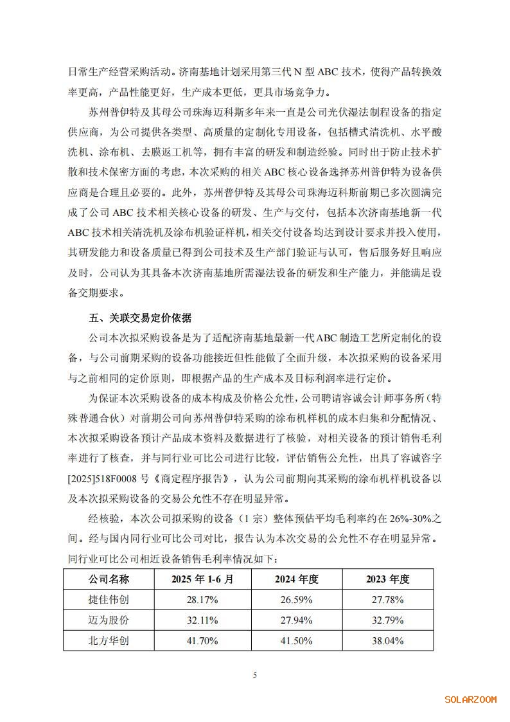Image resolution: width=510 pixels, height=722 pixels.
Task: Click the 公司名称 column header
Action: click(109, 579)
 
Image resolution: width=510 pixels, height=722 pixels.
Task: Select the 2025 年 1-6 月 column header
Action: click(202, 579)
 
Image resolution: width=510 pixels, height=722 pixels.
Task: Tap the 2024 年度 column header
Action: click(297, 579)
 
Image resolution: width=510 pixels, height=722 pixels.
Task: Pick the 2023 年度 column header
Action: click(388, 579)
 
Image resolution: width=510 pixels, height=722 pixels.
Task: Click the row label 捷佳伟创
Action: click(109, 600)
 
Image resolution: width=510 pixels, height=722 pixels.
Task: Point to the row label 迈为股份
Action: click(109, 620)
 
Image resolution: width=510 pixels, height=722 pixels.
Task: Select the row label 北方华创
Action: click(109, 641)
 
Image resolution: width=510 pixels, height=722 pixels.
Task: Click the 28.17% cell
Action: click(202, 600)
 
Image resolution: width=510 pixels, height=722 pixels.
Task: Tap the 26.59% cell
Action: click(297, 600)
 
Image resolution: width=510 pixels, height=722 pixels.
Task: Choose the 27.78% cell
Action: click(388, 600)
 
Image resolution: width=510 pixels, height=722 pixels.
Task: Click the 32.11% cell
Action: click(202, 620)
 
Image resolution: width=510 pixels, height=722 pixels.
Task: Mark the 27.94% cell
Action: click(297, 620)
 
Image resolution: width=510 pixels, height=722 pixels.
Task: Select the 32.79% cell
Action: click(388, 620)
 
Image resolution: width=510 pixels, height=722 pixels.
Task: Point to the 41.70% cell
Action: click(202, 641)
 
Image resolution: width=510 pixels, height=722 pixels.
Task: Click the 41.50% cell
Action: click(297, 641)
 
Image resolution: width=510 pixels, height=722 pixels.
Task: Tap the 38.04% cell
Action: click(388, 641)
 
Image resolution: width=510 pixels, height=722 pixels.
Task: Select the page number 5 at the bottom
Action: click(255, 674)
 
